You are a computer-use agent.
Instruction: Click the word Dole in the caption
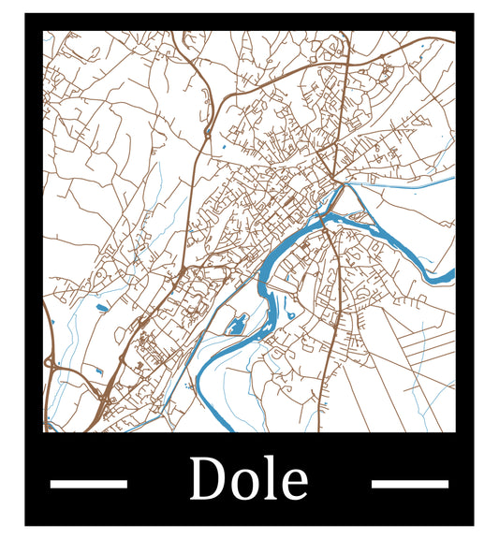point(248,480)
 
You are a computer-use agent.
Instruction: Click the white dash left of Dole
point(88,484)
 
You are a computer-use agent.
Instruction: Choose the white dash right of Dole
point(409,484)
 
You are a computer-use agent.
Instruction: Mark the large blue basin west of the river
point(236,326)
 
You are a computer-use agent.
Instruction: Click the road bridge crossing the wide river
point(323,225)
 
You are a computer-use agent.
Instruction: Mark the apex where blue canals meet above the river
point(345,184)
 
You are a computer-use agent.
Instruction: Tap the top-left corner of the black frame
point(26,15)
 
